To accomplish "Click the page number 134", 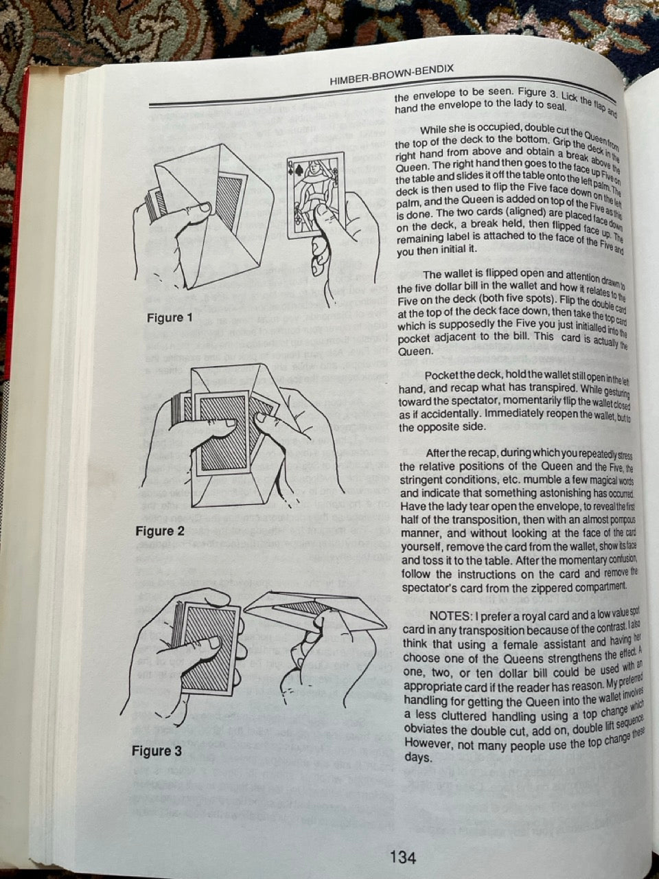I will (x=402, y=856).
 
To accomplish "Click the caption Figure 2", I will (x=160, y=531).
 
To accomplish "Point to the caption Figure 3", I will (x=157, y=751).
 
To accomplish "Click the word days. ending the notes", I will (x=418, y=757).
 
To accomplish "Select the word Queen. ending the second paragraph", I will (x=416, y=351).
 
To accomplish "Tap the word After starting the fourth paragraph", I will (x=441, y=453).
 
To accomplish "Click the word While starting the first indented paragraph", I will (x=436, y=130).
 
